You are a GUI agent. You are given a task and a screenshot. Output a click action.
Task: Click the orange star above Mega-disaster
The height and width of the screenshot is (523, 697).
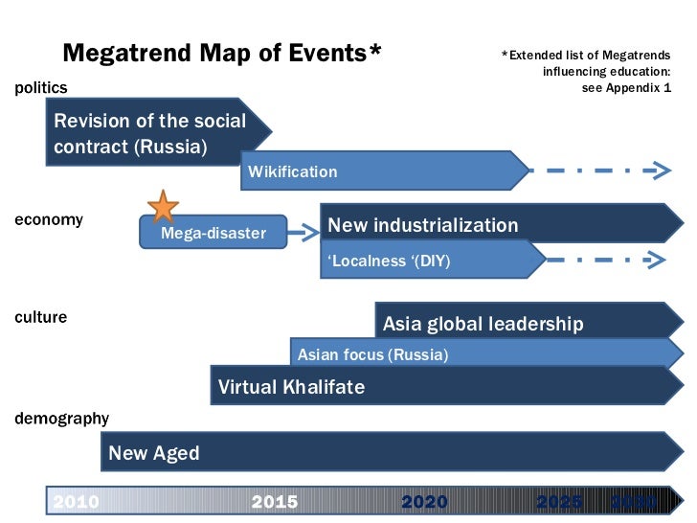[x=164, y=206]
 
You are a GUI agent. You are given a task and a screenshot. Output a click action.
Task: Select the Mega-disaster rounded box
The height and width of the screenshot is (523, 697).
[x=213, y=233]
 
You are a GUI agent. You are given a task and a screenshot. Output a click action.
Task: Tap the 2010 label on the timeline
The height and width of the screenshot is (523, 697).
[x=76, y=502]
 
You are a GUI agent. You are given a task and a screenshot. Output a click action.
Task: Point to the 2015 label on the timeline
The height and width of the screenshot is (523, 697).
[x=275, y=502]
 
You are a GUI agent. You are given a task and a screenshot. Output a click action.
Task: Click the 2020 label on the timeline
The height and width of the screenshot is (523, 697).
[x=424, y=502]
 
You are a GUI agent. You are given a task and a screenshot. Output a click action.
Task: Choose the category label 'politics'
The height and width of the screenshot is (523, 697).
[x=41, y=88]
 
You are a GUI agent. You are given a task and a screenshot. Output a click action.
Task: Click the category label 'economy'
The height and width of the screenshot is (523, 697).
[x=49, y=219]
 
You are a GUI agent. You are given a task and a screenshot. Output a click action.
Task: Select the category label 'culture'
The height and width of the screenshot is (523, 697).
[x=41, y=317]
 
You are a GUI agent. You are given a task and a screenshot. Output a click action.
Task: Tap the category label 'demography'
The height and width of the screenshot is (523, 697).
[x=61, y=419]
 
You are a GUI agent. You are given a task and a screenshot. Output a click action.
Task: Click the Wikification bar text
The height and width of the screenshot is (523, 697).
[x=293, y=172]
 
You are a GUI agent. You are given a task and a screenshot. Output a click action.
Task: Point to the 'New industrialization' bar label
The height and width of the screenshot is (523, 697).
[x=423, y=226]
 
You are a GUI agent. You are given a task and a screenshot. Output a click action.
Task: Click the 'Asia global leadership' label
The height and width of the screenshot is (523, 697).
[x=483, y=324]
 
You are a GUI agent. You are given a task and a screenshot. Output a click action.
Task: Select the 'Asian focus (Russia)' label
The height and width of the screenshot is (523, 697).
[x=372, y=355]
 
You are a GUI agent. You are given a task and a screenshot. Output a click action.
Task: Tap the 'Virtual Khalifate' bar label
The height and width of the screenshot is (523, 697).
[x=291, y=388]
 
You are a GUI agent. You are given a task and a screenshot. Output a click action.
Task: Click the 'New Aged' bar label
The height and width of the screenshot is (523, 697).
[x=154, y=453]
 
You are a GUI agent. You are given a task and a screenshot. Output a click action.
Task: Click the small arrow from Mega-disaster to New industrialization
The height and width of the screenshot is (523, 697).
[x=304, y=231]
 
